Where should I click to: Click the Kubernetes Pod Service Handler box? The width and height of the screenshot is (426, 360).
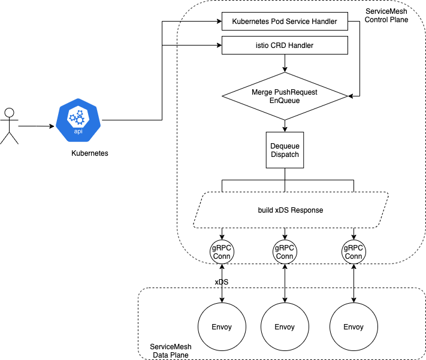tap(285, 23)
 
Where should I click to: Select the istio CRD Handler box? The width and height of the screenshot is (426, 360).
tap(285, 45)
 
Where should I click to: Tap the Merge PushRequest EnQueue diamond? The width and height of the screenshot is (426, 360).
tap(285, 96)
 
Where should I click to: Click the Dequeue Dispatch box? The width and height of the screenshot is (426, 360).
tap(285, 149)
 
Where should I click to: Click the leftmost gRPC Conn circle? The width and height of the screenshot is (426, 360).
tap(222, 251)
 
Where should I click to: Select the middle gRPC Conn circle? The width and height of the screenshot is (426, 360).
tap(285, 251)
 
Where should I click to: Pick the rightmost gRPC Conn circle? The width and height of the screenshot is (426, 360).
tap(354, 251)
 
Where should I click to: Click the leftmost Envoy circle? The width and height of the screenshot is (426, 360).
tap(222, 326)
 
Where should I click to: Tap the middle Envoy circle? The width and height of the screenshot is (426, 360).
tap(285, 326)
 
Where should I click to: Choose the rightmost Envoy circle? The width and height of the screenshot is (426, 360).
tap(354, 326)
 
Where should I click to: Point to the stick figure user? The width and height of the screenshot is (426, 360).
tap(9, 126)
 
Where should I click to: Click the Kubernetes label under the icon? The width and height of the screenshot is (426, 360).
tap(89, 154)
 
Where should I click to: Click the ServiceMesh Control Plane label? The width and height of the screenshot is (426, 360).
tap(386, 16)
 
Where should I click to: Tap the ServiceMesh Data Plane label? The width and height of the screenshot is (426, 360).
tap(170, 351)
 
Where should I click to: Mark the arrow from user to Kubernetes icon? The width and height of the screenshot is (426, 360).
tap(36, 126)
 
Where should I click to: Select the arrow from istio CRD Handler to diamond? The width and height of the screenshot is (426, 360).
tap(285, 63)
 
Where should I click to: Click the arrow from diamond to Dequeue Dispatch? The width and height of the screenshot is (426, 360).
tap(285, 125)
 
